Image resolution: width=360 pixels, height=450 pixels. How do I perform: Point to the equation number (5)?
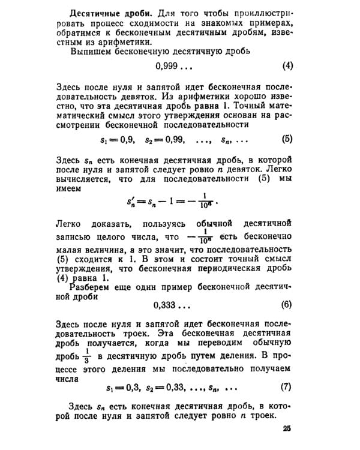click(x=286, y=139)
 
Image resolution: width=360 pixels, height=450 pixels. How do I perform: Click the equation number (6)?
click(x=286, y=304)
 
